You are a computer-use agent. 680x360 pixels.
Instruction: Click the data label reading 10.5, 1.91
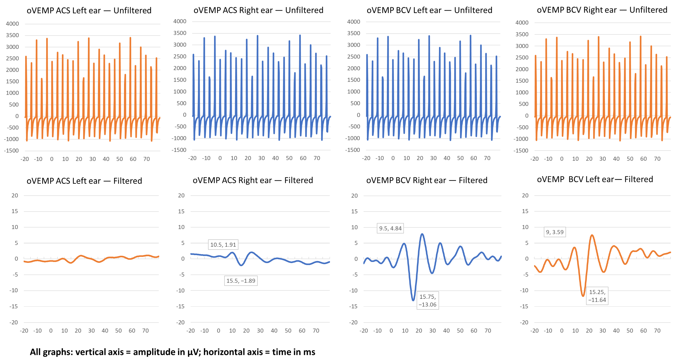tap(223, 245)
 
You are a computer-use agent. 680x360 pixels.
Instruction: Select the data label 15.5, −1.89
tap(241, 280)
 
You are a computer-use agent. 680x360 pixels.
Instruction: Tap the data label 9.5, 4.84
tap(390, 228)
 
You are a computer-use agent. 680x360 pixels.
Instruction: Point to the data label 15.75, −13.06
tap(428, 301)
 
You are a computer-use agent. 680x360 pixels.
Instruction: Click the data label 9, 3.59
tap(555, 232)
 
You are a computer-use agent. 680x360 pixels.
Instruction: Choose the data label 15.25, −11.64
tap(597, 296)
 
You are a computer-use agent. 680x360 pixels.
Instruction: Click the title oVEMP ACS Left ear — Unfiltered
tap(89, 11)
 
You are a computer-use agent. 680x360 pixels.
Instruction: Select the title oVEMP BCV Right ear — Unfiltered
tap(602, 10)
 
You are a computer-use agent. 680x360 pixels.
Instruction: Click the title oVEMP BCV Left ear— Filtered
tap(595, 179)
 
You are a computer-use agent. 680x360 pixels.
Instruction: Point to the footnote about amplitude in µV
tap(172, 352)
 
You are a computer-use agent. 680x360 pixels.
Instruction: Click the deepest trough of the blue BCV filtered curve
tap(413, 300)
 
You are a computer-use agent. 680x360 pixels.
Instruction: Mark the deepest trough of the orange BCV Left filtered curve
tap(583, 296)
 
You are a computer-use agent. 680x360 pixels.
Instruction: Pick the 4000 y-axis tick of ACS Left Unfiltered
tap(12, 24)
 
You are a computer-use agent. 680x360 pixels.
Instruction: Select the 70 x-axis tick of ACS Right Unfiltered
tap(317, 158)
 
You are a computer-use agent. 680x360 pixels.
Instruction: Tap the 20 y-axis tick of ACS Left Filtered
tap(15, 195)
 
